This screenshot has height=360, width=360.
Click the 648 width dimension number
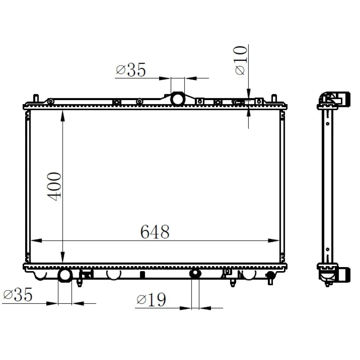coord(155,232)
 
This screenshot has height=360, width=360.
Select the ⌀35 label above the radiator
coord(131,70)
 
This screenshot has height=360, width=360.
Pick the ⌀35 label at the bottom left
coord(18,295)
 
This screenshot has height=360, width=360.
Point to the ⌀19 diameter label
coord(151,300)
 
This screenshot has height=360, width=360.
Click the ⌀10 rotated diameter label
coord(241,60)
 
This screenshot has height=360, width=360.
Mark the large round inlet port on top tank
coord(177,99)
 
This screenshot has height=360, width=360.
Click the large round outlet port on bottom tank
coord(65,275)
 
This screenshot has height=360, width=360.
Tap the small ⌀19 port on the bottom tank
coord(195,274)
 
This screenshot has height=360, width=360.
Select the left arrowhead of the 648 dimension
coord(36,240)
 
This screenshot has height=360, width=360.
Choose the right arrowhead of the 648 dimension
coord(275,240)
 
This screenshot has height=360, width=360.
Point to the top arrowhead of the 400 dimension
coord(63,114)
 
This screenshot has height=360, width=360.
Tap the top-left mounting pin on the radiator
coord(36,98)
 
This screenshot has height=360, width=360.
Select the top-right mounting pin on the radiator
coord(274,98)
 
